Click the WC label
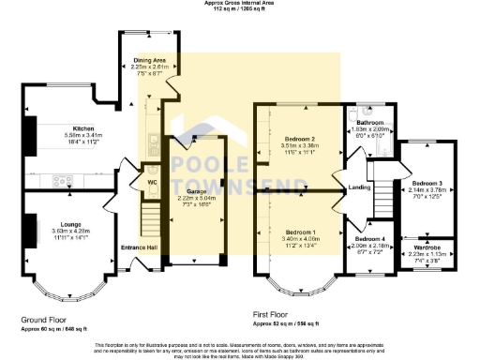point(151,182)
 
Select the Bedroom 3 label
point(425,185)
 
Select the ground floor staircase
point(151,223)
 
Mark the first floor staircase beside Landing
point(382,198)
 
